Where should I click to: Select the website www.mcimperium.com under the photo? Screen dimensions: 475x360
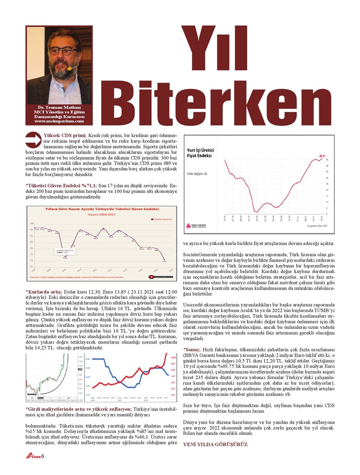tap(59, 121)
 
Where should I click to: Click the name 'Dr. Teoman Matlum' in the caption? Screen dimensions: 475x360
tap(59, 107)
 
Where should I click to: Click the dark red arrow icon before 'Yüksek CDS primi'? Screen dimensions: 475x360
tap(34, 139)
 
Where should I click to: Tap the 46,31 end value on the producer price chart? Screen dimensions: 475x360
tap(322, 156)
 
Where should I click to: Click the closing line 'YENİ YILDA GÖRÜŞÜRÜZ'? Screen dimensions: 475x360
tap(215, 444)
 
